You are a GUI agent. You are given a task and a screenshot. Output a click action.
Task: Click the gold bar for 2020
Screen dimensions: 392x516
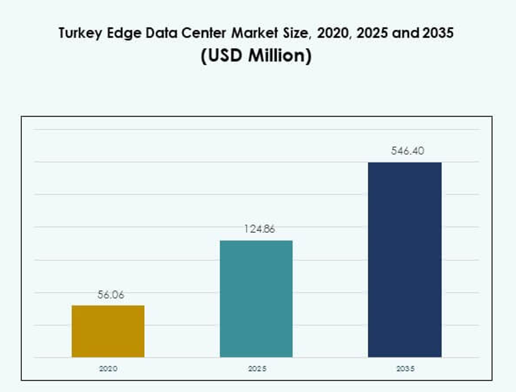tap(108, 331)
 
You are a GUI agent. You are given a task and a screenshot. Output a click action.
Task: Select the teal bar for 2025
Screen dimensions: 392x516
tap(256, 298)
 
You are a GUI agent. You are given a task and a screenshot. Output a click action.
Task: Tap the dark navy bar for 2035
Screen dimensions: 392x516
tap(405, 259)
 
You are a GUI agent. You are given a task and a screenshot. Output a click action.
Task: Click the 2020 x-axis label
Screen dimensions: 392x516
tap(108, 369)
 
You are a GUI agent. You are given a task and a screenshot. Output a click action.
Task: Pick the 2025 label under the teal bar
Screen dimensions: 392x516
tap(257, 369)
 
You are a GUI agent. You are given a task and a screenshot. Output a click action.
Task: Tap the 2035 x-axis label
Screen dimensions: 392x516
tap(405, 369)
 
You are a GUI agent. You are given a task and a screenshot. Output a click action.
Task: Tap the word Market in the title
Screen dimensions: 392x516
tap(257, 34)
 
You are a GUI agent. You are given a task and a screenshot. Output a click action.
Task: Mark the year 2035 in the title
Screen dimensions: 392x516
tap(437, 34)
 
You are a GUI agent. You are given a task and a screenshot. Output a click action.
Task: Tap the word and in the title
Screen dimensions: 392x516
tap(406, 34)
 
